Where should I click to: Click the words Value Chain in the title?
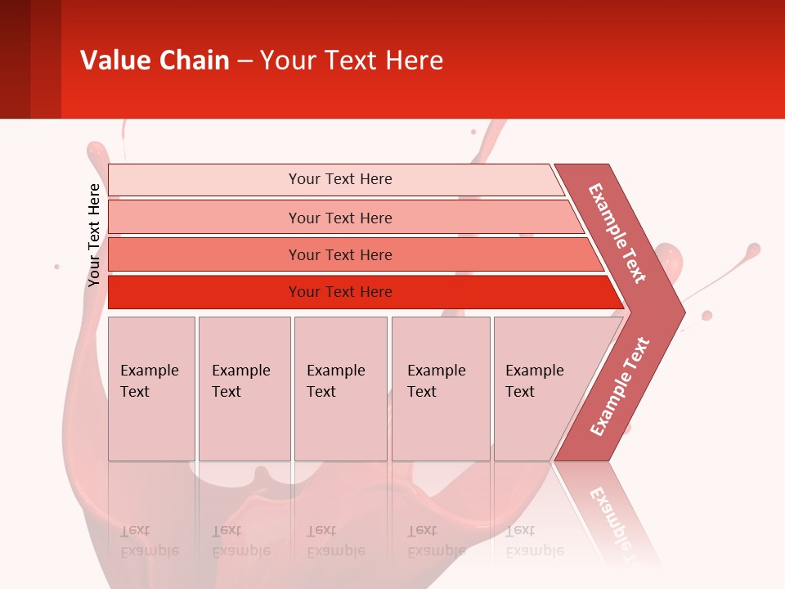(x=155, y=61)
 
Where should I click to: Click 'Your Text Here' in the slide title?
(x=352, y=61)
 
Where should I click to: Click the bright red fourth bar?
(x=204, y=292)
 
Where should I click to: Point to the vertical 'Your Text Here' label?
(x=94, y=235)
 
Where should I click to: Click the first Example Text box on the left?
(x=151, y=388)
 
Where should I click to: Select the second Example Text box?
(x=244, y=388)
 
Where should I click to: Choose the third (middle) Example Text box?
(x=340, y=388)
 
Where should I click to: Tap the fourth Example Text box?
(x=440, y=388)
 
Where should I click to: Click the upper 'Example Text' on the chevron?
(x=617, y=233)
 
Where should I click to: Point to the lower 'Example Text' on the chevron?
(x=620, y=387)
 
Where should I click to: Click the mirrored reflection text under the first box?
(x=150, y=541)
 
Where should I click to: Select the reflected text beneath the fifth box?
(x=535, y=541)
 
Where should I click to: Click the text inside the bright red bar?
(x=340, y=292)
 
